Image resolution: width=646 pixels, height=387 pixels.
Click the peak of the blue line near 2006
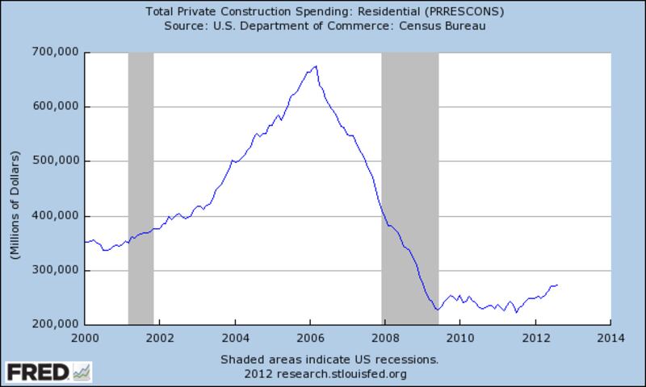click(316, 66)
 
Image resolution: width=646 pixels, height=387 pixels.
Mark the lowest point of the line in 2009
click(437, 310)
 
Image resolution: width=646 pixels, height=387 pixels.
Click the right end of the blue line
click(558, 285)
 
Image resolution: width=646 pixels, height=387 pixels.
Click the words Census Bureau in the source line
click(447, 25)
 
